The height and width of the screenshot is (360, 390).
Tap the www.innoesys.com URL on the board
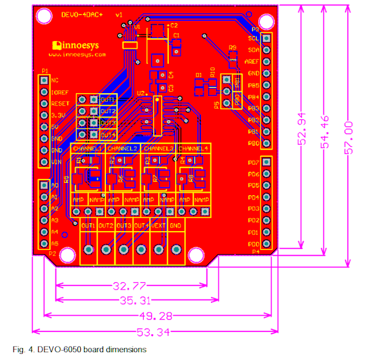coord(77,55)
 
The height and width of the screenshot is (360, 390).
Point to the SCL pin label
coord(253,38)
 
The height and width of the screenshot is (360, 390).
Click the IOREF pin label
coord(59,92)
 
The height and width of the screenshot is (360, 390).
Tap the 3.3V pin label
coord(59,115)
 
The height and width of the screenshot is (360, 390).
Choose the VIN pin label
coord(56,162)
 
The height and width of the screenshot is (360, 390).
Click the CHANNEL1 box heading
coord(87,149)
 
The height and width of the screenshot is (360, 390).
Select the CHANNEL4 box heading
coord(194,149)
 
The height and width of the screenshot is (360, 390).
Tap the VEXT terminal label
coord(158,225)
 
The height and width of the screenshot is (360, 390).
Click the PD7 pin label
coord(253,163)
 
